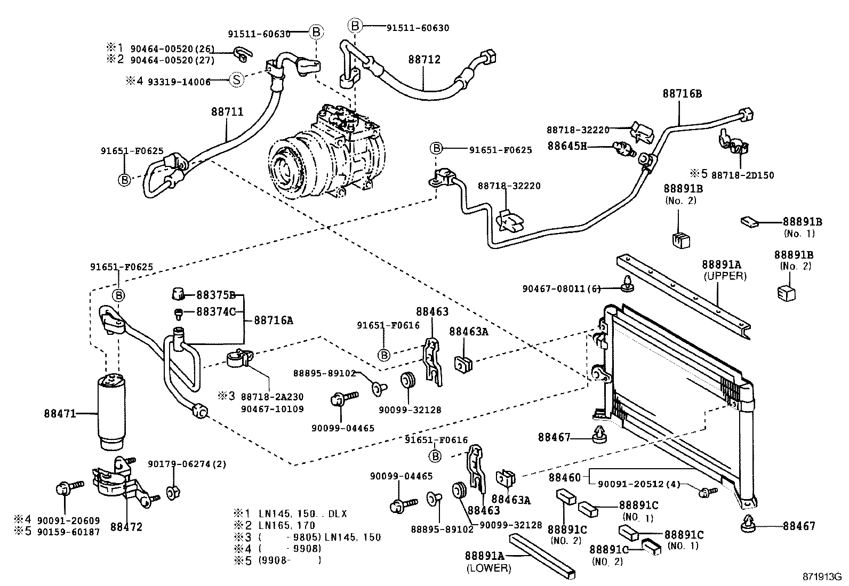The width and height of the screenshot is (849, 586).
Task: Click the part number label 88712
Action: pos(424,60)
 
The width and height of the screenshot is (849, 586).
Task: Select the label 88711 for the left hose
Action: pos(227,112)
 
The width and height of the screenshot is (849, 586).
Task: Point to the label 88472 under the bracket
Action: pos(126,527)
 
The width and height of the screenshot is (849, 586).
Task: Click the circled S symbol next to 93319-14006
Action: pos(236,81)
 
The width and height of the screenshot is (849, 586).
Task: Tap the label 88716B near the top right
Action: pos(682,94)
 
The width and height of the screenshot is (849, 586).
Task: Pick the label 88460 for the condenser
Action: pos(564,477)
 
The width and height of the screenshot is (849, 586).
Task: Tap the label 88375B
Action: pos(216,295)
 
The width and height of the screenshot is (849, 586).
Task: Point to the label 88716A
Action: pos(273,320)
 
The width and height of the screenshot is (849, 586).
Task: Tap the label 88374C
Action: pos(216,312)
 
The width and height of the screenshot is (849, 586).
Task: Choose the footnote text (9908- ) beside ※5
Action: pos(290,560)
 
